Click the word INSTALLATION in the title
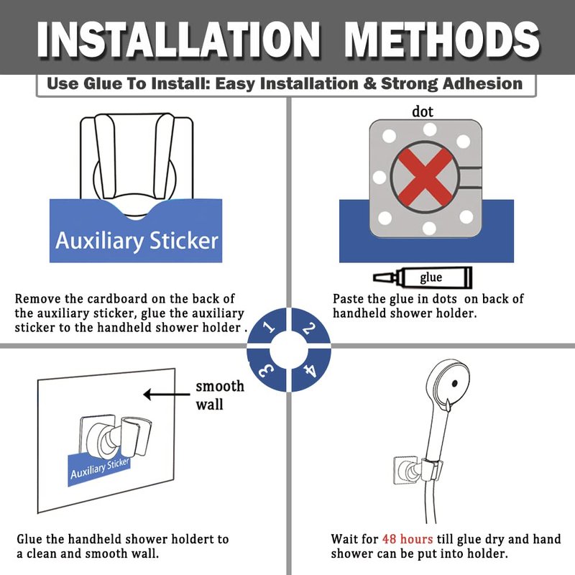(178, 40)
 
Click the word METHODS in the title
(442, 40)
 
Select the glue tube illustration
(423, 277)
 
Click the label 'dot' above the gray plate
(423, 111)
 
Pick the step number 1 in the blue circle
(270, 326)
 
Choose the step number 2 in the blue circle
(308, 328)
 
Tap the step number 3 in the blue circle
(266, 371)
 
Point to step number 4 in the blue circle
(310, 369)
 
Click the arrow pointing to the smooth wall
(167, 395)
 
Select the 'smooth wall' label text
(220, 395)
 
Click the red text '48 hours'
(408, 539)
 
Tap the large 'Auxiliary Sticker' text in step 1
(137, 241)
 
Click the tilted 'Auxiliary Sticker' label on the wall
(100, 469)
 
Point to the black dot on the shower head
(455, 384)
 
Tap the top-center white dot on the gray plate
(429, 129)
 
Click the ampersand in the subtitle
(369, 83)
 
